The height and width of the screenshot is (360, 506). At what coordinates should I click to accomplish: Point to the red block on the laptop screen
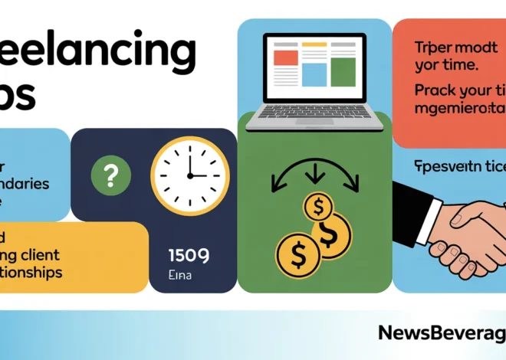(x=285, y=55)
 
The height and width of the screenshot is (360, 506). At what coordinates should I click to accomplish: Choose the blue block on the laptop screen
(x=314, y=73)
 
